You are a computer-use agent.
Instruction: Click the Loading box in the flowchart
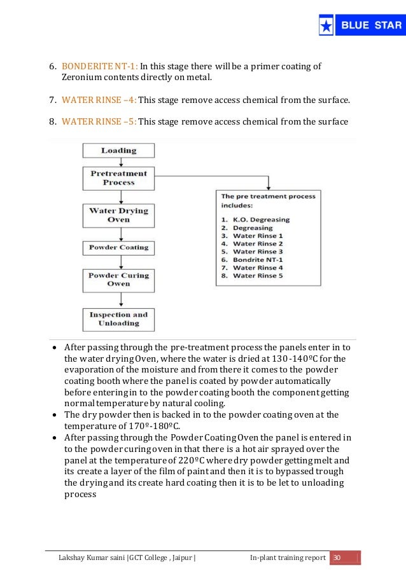[118, 151]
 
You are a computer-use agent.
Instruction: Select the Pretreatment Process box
[118, 178]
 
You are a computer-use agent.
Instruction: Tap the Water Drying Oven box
[118, 215]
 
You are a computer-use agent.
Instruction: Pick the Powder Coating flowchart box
[118, 247]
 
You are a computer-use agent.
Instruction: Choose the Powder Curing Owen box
[118, 280]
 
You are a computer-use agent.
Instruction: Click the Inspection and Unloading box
[118, 318]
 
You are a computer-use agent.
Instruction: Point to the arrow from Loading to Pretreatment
[118, 162]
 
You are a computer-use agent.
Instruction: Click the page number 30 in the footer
[337, 557]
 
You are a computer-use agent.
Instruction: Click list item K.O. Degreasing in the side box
[261, 219]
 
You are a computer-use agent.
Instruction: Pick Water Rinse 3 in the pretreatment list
[258, 252]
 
